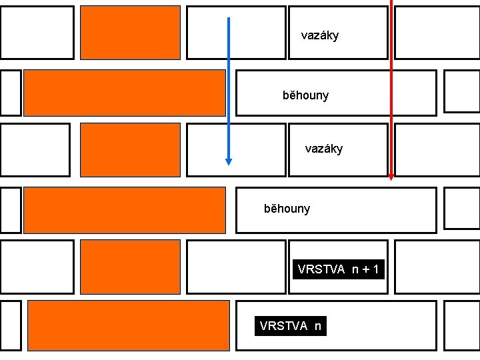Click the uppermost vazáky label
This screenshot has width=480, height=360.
(320, 35)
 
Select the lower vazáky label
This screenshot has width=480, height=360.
(324, 149)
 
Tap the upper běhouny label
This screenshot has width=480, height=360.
(305, 95)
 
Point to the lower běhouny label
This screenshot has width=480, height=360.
(287, 209)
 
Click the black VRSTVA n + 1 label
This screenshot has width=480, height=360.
(339, 269)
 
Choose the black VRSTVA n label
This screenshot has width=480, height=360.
(291, 326)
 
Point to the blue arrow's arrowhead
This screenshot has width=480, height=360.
(229, 161)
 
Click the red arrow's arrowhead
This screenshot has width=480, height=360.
(391, 177)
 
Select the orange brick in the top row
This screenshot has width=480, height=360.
(130, 33)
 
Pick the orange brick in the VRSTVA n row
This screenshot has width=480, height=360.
(129, 325)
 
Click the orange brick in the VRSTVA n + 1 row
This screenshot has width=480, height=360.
(130, 267)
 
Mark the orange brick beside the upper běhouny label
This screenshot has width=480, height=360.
(124, 93)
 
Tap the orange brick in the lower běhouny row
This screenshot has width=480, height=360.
(124, 210)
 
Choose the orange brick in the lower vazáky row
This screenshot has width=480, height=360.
(130, 150)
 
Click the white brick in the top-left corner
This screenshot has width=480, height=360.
(37, 33)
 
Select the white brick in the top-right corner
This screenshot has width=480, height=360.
(437, 33)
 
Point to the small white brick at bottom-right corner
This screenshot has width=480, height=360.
(461, 325)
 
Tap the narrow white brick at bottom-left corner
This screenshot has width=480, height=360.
(11, 325)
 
